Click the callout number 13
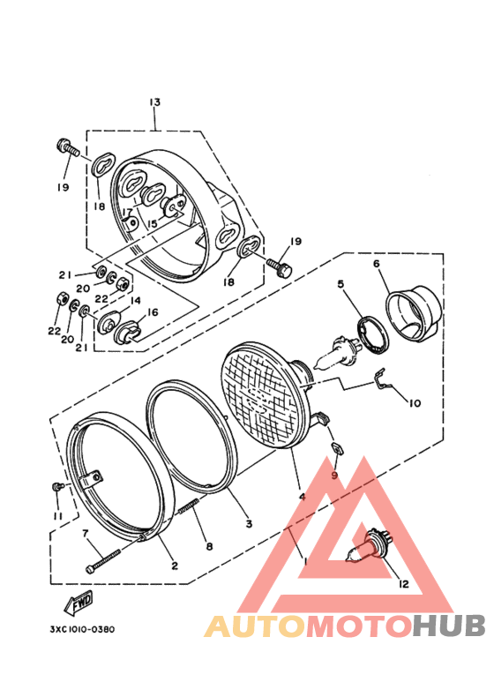click(x=154, y=103)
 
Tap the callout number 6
click(x=376, y=264)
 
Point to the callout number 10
click(x=414, y=403)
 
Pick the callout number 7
click(x=86, y=535)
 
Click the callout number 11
click(x=57, y=515)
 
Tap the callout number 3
click(x=249, y=523)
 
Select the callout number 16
click(x=153, y=312)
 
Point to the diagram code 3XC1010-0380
click(x=76, y=629)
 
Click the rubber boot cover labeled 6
click(x=412, y=312)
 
